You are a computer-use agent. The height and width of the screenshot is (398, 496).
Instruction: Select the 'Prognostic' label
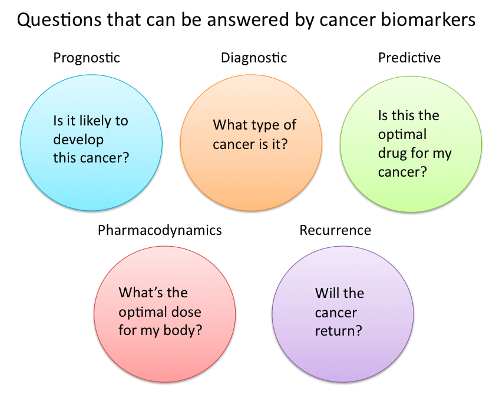tap(87, 58)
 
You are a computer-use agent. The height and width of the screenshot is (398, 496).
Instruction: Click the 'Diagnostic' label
tap(254, 58)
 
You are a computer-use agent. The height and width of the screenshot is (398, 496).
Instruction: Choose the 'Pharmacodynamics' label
tap(160, 230)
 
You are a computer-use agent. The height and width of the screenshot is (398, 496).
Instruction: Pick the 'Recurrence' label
tap(335, 230)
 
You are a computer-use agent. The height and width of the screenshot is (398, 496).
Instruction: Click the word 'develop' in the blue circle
tap(78, 140)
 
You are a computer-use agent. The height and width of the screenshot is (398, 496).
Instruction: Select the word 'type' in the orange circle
tap(263, 125)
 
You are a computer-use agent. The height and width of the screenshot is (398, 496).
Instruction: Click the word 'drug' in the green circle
tap(392, 154)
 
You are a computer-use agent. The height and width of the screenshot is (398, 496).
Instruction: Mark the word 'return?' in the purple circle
tap(338, 330)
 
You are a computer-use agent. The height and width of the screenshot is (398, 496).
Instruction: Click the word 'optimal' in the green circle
tap(402, 135)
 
